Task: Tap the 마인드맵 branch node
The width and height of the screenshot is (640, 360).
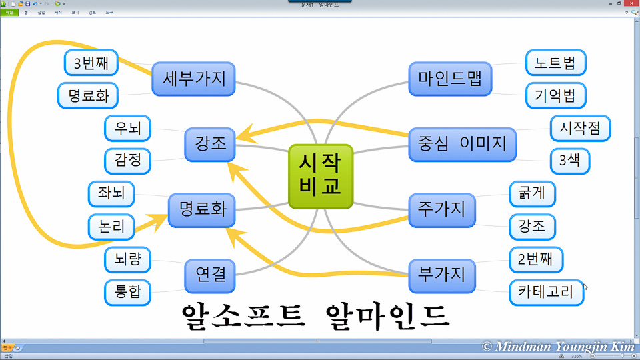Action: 451,79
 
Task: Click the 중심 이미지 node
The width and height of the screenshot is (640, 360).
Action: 463,143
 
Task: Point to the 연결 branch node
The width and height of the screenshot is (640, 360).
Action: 210,275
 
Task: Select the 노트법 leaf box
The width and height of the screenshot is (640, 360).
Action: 555,63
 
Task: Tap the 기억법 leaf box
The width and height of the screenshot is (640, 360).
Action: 555,95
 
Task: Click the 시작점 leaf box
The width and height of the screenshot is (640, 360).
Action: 580,128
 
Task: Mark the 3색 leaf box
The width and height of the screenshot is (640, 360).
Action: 570,161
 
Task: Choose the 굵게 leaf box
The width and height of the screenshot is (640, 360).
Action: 532,194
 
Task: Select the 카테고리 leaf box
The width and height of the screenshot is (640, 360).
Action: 546,291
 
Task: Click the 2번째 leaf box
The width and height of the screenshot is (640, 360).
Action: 536,259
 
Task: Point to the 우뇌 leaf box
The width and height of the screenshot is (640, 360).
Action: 128,129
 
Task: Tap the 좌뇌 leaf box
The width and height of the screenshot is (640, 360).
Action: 111,193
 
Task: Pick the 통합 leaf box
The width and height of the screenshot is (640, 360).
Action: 128,292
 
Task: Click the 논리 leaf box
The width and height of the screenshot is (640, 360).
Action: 111,226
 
